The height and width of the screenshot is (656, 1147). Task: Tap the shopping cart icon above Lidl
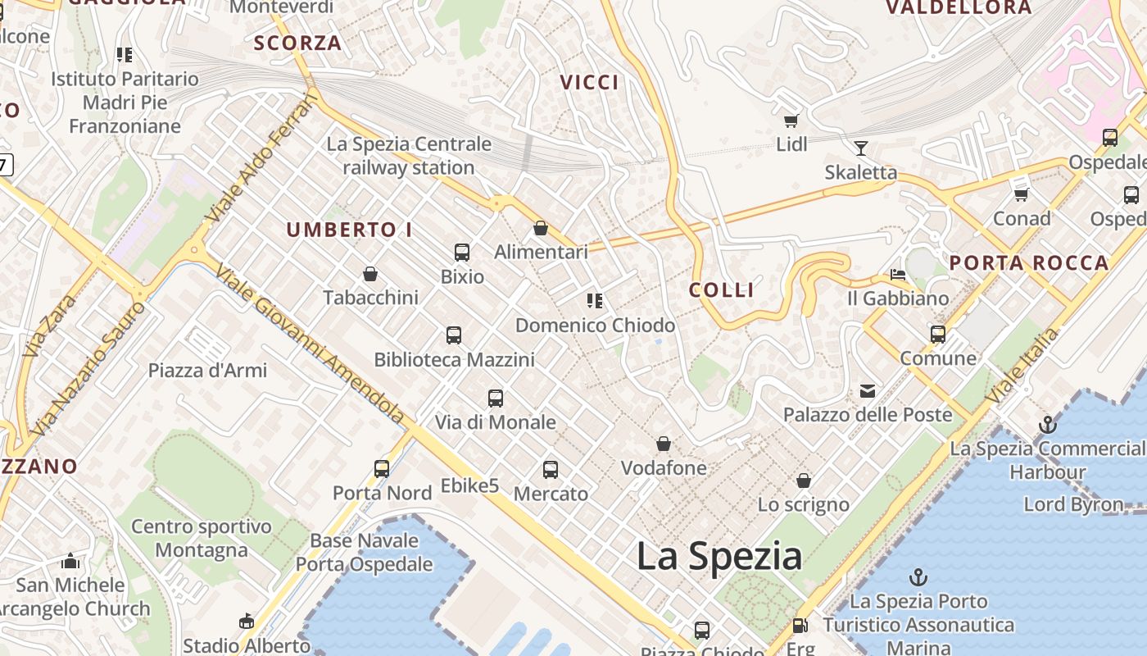(x=791, y=121)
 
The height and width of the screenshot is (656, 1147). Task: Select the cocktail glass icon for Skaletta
(x=860, y=148)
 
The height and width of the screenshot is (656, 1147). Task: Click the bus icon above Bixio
(x=462, y=253)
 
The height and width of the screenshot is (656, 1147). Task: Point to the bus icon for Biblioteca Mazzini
(x=454, y=335)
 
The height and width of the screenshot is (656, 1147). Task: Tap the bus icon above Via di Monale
(x=496, y=399)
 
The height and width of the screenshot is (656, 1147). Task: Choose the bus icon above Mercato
(x=551, y=470)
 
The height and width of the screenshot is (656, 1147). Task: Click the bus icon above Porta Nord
(x=382, y=469)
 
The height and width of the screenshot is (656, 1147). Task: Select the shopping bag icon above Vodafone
(x=664, y=444)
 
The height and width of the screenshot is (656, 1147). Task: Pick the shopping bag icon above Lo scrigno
(x=804, y=481)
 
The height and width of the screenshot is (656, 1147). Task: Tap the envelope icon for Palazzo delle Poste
(x=868, y=391)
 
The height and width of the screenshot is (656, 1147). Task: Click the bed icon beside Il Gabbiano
(x=898, y=275)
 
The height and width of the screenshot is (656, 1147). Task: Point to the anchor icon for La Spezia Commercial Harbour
(x=1047, y=425)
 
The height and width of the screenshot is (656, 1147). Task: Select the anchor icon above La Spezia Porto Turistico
(x=918, y=577)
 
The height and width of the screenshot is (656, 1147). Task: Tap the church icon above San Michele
(x=70, y=562)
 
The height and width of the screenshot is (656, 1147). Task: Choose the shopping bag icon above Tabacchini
(x=370, y=274)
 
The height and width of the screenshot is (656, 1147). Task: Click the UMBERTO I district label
(x=349, y=230)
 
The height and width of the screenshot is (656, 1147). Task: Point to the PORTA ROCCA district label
(x=1029, y=263)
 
